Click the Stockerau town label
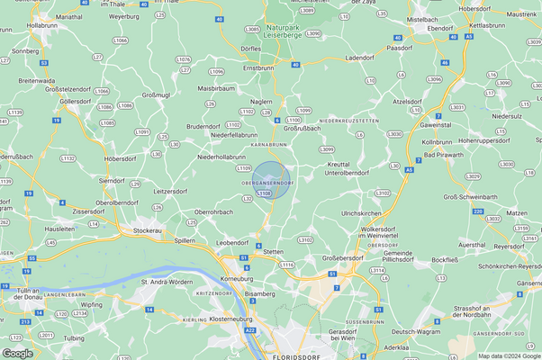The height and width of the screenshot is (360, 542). [x=148, y=230]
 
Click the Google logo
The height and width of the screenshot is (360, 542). [x=19, y=352]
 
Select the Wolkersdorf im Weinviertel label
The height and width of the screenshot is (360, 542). [x=388, y=232]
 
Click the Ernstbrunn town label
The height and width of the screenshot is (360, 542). [x=257, y=67]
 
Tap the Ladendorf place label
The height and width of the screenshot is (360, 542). [x=358, y=58]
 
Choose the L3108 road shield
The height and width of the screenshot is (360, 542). [x=263, y=193]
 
